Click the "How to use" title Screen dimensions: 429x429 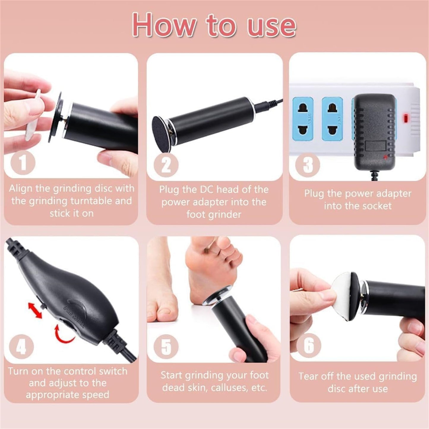(214, 26)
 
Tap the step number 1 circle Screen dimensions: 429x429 (23, 163)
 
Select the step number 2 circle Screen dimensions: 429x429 (166, 165)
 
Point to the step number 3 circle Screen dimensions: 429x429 (308, 165)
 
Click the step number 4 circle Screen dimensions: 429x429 (21, 346)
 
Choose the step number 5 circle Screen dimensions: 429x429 (166, 346)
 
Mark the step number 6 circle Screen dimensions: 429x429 (309, 345)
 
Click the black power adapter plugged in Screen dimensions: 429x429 (374, 131)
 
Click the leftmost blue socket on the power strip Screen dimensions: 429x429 (303, 119)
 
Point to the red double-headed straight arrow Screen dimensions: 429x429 (35, 310)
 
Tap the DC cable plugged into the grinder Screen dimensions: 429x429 (267, 104)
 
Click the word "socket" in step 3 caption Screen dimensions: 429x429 (375, 206)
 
